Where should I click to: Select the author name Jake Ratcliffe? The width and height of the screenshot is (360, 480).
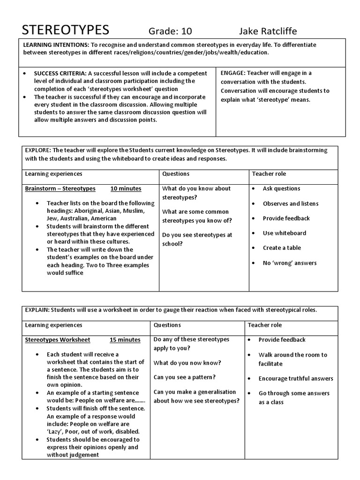[x=268, y=31]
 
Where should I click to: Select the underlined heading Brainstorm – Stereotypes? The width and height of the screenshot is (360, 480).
[x=60, y=188]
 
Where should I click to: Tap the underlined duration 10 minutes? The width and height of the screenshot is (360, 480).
[x=126, y=188]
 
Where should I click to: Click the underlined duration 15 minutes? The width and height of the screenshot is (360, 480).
[x=125, y=340]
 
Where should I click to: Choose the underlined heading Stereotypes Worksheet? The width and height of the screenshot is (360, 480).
[x=58, y=340]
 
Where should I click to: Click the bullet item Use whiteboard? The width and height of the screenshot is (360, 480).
[x=284, y=233]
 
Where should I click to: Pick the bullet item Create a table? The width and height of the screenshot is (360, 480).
[x=282, y=248]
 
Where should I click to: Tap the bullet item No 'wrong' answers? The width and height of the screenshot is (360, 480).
[x=289, y=263]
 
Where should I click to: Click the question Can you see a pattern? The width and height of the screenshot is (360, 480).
[x=185, y=377]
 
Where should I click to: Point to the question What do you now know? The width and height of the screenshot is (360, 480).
[x=187, y=363]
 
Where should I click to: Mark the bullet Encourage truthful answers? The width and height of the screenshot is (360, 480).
[x=296, y=379]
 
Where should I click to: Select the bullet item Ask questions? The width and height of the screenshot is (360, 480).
[x=281, y=188]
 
